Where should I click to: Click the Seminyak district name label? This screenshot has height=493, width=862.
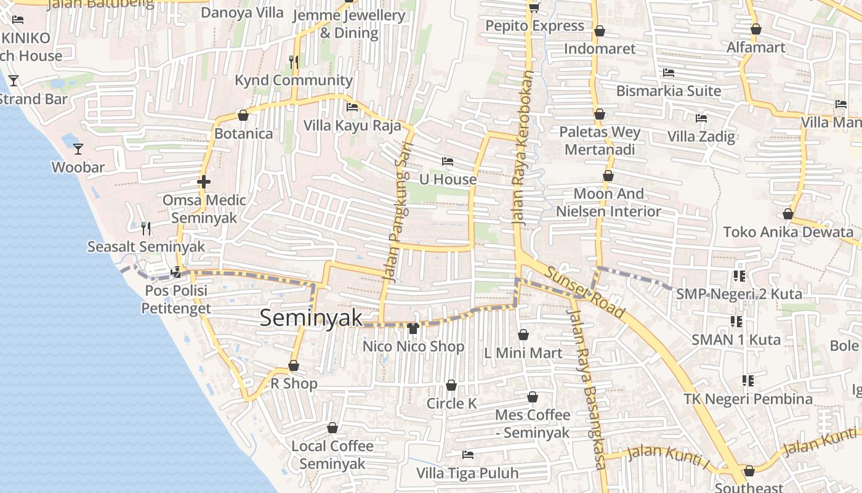coord(311,318)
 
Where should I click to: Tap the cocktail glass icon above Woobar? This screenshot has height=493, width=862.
coord(78,149)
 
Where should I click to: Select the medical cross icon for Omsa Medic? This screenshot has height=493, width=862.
coord(203,182)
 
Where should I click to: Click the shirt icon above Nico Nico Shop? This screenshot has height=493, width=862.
coord(413,328)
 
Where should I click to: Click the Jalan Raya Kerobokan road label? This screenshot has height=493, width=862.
coord(521,148)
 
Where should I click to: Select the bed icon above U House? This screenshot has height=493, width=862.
coord(448,161)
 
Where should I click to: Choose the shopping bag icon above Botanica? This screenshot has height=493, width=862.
coord(243,115)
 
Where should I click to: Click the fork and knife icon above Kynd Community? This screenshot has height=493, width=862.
coord(294,62)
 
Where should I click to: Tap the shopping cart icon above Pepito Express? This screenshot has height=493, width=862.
coord(534,7)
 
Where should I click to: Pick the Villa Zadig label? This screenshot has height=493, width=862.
coord(701,136)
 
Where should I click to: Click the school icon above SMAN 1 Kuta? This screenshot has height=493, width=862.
coord(736,321)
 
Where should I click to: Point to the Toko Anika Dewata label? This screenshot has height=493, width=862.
coord(788,232)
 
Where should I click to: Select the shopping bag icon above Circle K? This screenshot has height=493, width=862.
coord(451,385)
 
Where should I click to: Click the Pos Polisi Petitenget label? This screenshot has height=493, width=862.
coord(176,299)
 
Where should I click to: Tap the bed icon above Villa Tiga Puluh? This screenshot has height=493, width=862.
coord(468,455)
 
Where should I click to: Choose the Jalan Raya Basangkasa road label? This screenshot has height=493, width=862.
coord(585,388)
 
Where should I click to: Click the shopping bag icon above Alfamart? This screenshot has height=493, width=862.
coord(756,29)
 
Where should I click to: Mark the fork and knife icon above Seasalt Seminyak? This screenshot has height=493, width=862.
coord(146,229)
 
